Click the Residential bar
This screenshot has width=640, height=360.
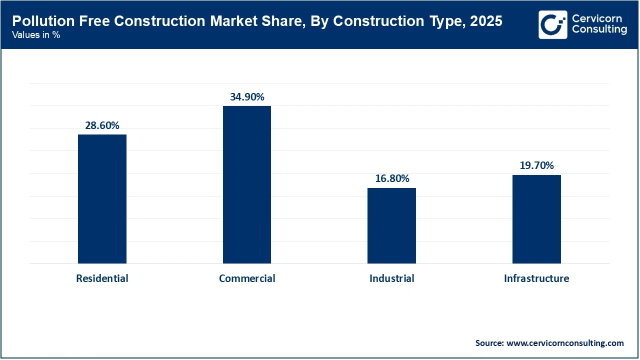(x=102, y=199)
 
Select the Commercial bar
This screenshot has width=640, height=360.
(x=247, y=184)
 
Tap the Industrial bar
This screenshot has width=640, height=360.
(x=391, y=225)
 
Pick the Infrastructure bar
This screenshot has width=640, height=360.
(x=536, y=219)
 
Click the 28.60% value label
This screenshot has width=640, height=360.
(x=102, y=125)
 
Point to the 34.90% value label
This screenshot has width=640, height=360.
(x=247, y=97)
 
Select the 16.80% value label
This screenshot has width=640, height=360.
(x=392, y=178)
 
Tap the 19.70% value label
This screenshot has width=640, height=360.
(x=536, y=165)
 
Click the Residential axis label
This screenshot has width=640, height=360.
(x=102, y=278)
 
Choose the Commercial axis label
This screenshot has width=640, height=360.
(x=247, y=278)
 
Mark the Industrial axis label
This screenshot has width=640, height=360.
(x=392, y=278)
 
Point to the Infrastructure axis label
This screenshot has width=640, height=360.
(x=536, y=278)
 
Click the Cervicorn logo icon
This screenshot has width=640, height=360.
(x=553, y=24)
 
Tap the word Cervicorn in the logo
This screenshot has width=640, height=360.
(x=597, y=18)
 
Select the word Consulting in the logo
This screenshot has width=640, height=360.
(x=599, y=30)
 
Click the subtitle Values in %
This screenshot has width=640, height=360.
(x=36, y=35)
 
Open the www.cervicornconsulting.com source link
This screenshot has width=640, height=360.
(x=565, y=343)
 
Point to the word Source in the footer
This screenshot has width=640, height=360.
(x=489, y=343)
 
